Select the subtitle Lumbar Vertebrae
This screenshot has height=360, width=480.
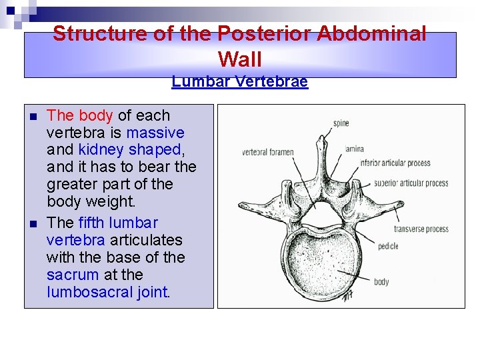[x=239, y=82]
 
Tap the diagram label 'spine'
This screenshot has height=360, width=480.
[x=341, y=123]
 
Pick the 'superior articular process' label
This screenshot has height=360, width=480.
[x=411, y=183]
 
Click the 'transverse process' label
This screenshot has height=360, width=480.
[x=420, y=229]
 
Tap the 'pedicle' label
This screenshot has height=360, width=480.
[x=387, y=246]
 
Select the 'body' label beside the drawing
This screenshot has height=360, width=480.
[x=381, y=282]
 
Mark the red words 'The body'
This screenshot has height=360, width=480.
[x=80, y=115]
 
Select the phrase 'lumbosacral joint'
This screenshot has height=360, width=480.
[x=107, y=292]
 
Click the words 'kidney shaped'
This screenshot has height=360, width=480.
[x=129, y=150]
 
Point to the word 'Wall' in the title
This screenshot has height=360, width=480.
[x=239, y=59]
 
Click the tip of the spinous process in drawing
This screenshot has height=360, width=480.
[x=323, y=137]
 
